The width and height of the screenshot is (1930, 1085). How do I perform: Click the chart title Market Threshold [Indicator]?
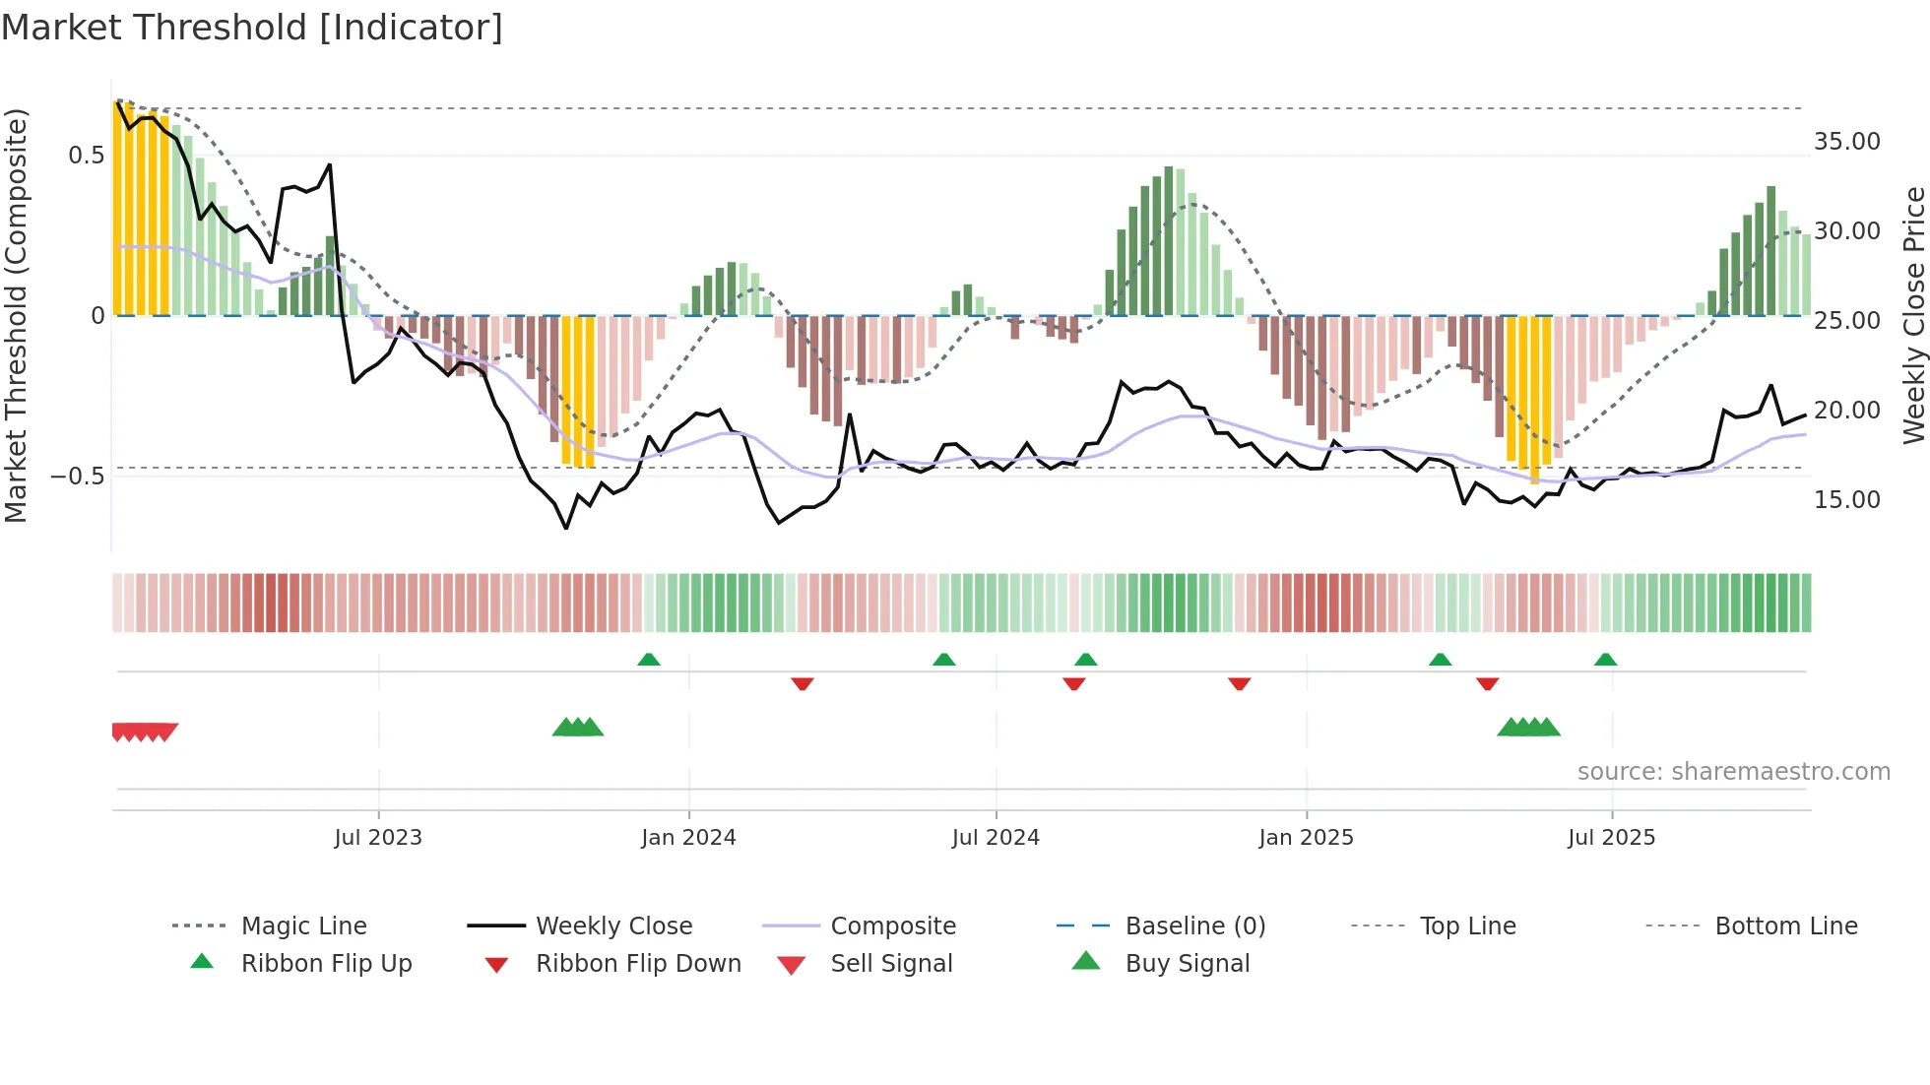click(252, 28)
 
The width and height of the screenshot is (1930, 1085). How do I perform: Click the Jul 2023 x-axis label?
click(378, 837)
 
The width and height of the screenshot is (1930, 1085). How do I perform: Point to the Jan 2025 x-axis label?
click(1306, 837)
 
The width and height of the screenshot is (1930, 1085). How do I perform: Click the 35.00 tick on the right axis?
click(1846, 142)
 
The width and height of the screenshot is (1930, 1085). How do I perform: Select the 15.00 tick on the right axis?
click(1846, 500)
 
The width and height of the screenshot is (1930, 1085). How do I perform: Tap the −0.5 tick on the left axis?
click(77, 477)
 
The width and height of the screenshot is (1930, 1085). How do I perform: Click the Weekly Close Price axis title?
click(1913, 315)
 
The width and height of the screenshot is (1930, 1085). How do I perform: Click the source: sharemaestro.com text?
click(1733, 771)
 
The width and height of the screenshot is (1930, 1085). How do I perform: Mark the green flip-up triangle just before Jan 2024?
click(649, 660)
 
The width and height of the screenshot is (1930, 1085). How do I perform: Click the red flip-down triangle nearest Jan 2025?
click(1240, 683)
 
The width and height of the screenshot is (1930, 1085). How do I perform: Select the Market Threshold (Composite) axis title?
click(16, 315)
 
